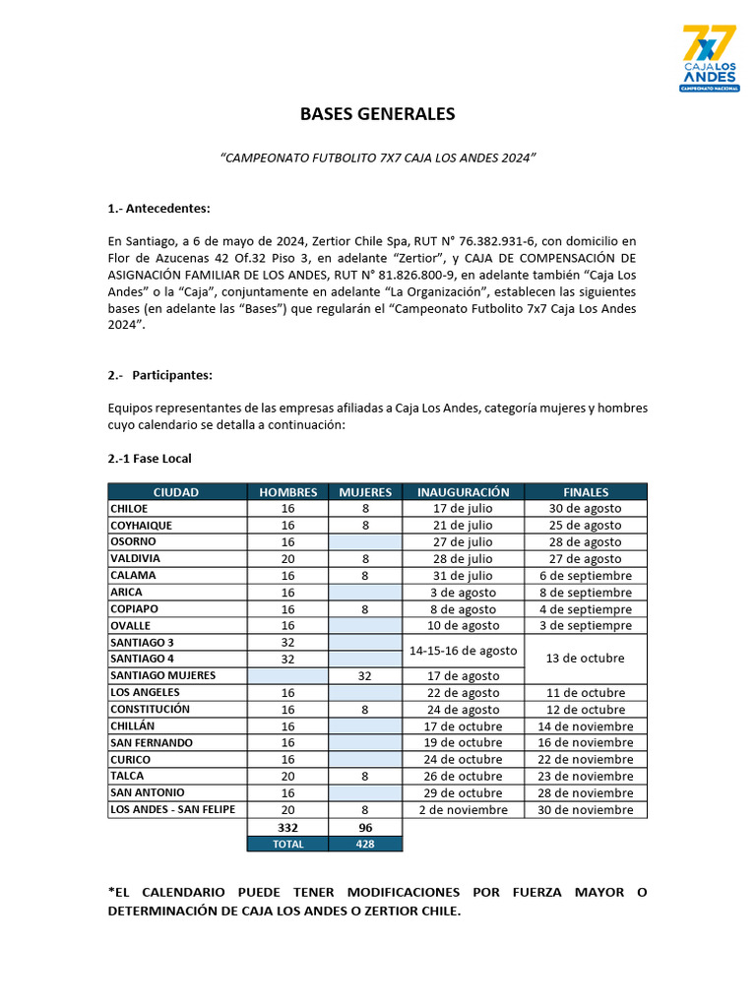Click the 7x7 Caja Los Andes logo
(x=709, y=59)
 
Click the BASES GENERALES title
(x=377, y=114)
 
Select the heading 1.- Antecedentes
(x=158, y=209)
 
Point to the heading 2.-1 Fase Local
(x=150, y=459)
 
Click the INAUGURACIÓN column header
(x=463, y=492)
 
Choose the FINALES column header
(x=586, y=492)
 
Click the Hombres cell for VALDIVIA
(x=287, y=559)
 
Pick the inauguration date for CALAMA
(x=463, y=576)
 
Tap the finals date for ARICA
(x=586, y=593)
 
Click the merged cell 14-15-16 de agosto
(x=463, y=651)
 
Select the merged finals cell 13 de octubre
(x=586, y=659)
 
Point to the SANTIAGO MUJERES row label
(x=162, y=675)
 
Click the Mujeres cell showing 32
(x=365, y=676)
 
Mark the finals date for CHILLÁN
(x=586, y=726)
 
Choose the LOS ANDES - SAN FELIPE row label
(x=172, y=809)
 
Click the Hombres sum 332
(x=287, y=828)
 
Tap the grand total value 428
(x=365, y=844)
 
